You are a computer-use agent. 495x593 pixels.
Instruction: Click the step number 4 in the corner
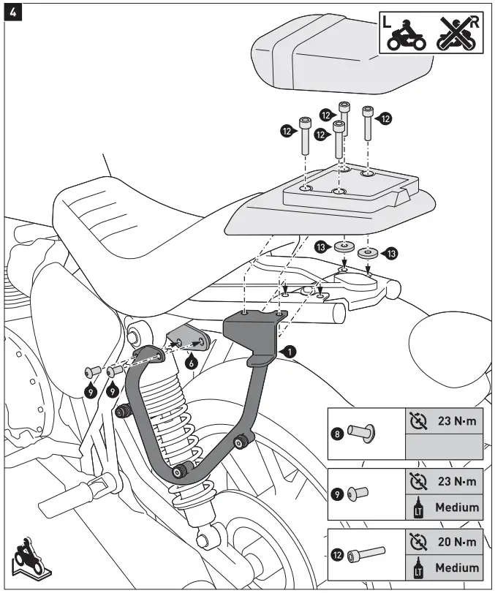point(12,12)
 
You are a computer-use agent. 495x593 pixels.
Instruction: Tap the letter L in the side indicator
point(388,23)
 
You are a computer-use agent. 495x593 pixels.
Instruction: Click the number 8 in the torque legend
point(337,434)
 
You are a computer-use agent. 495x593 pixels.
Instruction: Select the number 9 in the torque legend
point(337,494)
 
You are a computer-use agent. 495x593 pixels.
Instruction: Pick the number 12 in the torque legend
point(337,554)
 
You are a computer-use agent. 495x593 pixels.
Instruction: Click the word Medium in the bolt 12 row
point(457,567)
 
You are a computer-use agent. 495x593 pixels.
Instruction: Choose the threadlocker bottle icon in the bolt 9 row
point(418,507)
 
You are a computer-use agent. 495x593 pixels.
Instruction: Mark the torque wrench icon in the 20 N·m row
point(418,542)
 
